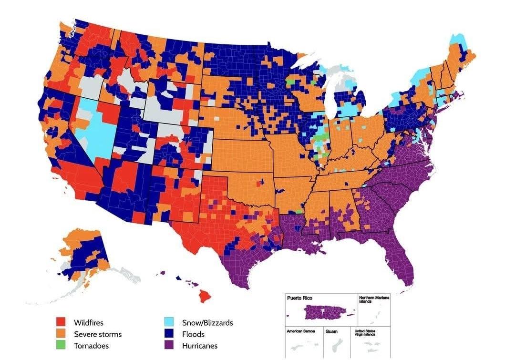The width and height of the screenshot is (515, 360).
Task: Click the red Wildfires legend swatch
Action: tap(61, 323)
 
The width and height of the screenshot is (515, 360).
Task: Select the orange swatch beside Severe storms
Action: tap(61, 334)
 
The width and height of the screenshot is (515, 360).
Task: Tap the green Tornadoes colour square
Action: tap(61, 346)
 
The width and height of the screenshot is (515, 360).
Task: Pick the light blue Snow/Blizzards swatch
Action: tap(169, 323)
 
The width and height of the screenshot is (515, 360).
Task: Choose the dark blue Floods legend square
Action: tap(169, 334)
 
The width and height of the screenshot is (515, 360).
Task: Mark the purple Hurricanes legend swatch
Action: tap(169, 346)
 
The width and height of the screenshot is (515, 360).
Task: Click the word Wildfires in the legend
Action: tap(88, 323)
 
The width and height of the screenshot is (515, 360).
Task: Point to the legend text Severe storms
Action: tap(97, 334)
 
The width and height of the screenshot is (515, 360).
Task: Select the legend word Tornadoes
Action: tap(91, 346)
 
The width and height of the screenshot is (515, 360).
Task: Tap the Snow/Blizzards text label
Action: tap(207, 323)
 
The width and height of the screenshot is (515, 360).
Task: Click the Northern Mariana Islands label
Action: tap(373, 299)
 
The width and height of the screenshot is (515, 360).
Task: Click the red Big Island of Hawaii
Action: tap(205, 296)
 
